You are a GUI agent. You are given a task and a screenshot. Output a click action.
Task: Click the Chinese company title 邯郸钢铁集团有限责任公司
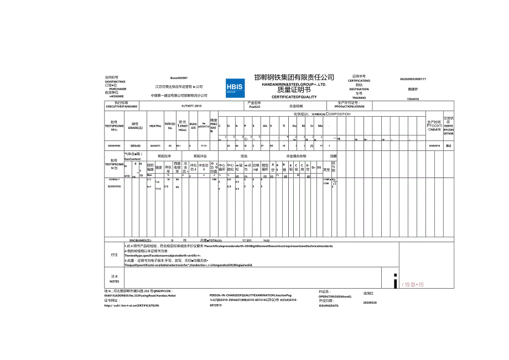[294, 77]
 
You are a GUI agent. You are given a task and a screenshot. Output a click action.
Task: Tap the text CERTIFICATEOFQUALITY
[294, 97]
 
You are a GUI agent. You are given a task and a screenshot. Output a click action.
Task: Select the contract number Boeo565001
[179, 78]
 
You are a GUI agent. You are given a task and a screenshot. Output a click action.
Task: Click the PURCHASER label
[118, 89]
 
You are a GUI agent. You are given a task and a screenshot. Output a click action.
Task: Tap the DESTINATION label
[359, 89]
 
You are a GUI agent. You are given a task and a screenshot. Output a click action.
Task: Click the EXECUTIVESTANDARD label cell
[117, 105]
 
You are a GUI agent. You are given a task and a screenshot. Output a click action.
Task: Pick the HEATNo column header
[155, 126]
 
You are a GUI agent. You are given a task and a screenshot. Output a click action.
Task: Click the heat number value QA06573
[155, 145]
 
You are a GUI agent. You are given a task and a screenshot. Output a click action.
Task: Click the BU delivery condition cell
[448, 145]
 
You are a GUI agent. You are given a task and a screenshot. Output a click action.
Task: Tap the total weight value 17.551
[247, 241]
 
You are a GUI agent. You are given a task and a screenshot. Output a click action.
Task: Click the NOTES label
[115, 281]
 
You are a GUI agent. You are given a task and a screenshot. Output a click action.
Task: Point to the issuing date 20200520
[370, 302]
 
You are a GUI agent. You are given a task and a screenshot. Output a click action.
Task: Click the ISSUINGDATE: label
[331, 305]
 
